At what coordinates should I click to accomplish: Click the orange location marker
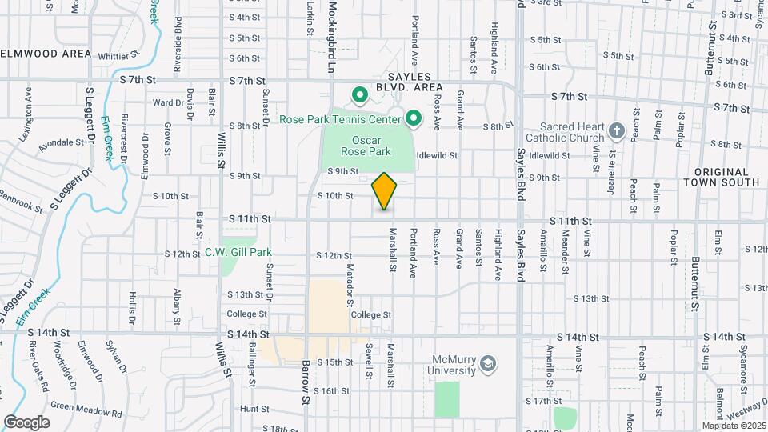385,191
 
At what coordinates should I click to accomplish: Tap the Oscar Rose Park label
366,145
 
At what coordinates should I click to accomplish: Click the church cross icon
616,130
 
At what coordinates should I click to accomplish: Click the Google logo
26,422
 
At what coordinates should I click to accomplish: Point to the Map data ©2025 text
732,426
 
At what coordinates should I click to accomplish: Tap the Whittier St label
118,56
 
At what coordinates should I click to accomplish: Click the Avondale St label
62,143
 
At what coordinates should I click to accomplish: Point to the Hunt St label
254,408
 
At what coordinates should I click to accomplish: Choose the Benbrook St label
21,201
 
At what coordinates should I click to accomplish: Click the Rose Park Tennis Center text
340,120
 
